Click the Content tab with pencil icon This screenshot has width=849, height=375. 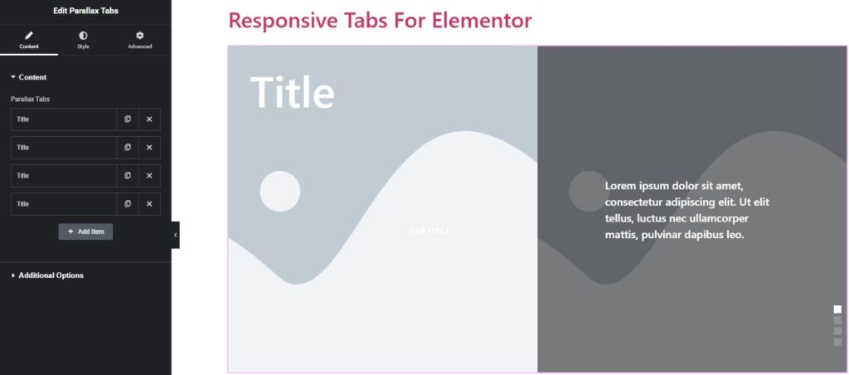point(29,40)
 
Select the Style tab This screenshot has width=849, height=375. point(83,40)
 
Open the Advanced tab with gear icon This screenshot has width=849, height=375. point(139,40)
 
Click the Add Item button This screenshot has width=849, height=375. point(85,231)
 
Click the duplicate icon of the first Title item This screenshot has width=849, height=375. point(127,119)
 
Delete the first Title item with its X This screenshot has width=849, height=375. point(149,119)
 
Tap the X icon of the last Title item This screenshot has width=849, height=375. point(149,204)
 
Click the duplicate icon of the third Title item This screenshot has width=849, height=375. point(127,176)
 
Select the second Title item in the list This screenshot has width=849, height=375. point(64,148)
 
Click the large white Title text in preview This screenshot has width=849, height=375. point(293,92)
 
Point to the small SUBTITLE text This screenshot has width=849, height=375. point(429,231)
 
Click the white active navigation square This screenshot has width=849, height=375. point(837,309)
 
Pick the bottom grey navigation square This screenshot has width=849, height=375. point(837,342)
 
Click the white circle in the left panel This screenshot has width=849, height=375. point(280,192)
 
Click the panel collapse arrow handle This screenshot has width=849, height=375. point(176,235)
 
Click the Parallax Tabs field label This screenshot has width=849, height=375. point(31,100)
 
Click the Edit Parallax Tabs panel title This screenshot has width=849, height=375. point(85,11)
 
